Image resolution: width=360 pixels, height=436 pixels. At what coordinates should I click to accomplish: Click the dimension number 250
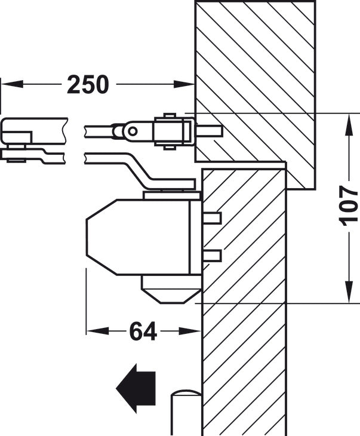[88, 84]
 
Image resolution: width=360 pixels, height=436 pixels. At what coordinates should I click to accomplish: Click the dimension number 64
[143, 331]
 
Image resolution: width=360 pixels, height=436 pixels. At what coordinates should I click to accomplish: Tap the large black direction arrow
[136, 388]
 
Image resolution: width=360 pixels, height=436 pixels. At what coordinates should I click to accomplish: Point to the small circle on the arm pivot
[133, 131]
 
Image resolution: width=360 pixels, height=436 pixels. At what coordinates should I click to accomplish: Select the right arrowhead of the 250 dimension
[183, 84]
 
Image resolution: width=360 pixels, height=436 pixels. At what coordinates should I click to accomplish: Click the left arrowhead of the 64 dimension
[97, 331]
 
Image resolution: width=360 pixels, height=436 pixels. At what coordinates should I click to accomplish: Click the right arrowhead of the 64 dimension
[190, 331]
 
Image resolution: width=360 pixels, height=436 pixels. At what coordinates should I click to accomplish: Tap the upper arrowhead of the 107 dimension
[348, 125]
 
